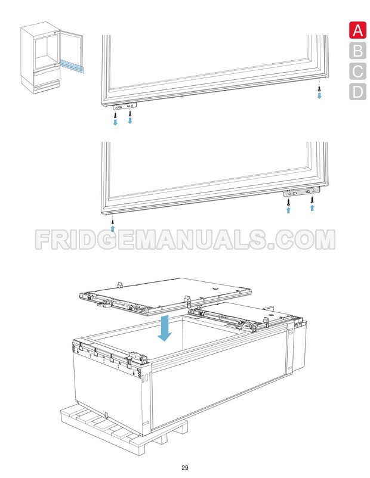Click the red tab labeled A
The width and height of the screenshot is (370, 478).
(x=357, y=30)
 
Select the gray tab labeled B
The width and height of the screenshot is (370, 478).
(x=357, y=51)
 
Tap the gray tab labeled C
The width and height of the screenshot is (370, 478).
(x=357, y=71)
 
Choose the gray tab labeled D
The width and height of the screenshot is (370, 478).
(x=357, y=92)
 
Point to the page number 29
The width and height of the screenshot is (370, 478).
(x=185, y=467)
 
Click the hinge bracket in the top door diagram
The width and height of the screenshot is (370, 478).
(x=124, y=106)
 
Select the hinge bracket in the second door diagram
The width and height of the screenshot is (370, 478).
(x=301, y=191)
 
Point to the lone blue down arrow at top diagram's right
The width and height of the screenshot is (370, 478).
(x=320, y=95)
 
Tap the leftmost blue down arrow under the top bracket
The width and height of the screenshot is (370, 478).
(x=116, y=122)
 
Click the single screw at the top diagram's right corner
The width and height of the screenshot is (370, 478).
(x=320, y=88)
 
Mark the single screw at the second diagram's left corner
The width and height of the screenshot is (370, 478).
(x=112, y=219)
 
